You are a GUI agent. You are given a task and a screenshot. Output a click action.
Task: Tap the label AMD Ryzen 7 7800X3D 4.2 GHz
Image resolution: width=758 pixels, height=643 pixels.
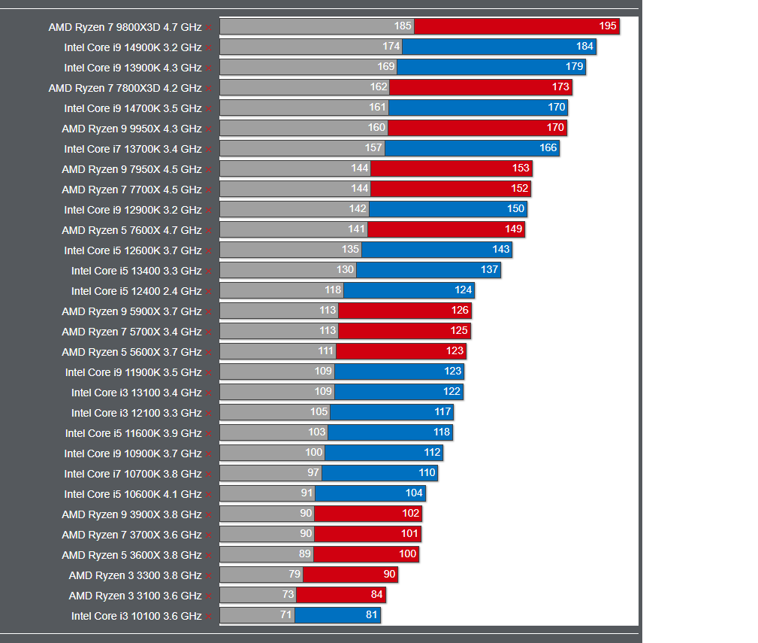pos(125,88)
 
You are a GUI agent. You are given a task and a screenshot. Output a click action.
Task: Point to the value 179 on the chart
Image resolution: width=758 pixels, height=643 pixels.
pos(574,67)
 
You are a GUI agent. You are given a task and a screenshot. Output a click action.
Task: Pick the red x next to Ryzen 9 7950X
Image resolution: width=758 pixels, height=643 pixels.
pos(208,170)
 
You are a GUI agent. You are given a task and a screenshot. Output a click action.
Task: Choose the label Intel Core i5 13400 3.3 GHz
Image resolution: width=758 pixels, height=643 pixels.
pos(137,271)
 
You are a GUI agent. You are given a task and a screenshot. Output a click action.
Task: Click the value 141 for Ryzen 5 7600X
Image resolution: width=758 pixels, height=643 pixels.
pos(356,229)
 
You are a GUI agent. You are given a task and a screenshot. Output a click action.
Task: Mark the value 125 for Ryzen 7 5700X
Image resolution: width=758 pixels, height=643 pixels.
pos(459,331)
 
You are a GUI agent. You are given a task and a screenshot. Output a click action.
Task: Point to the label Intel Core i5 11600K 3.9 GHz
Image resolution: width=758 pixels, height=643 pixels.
pos(133,433)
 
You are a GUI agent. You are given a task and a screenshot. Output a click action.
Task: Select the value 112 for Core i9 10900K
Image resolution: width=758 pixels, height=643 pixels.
pos(432,453)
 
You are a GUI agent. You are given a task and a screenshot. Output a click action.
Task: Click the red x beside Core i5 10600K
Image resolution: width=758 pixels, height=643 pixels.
pos(208,495)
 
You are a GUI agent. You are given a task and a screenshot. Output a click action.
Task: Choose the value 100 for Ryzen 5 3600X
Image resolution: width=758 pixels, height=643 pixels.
pos(408,554)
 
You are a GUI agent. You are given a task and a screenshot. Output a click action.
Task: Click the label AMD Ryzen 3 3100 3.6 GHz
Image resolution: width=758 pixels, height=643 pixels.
pos(135,596)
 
